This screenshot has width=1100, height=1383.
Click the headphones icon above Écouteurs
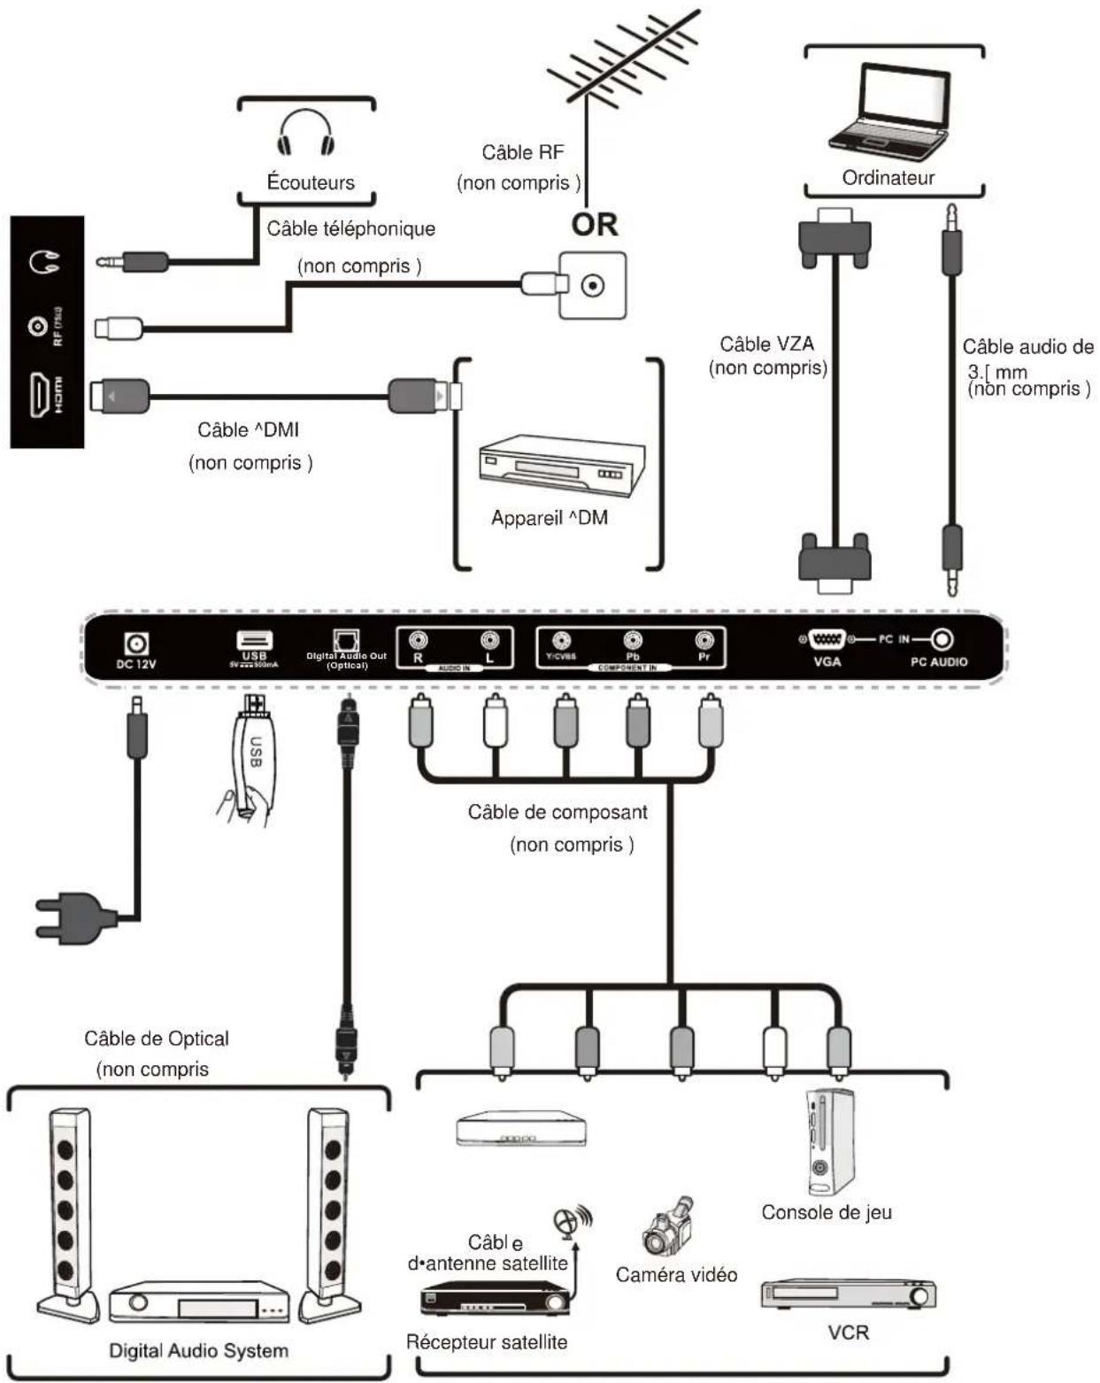(306, 133)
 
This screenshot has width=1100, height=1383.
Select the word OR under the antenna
(595, 225)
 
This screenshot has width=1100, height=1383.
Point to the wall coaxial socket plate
(592, 285)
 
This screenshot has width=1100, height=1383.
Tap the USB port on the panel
(255, 641)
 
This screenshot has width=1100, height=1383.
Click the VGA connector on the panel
(826, 639)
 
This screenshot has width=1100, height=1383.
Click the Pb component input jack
(633, 640)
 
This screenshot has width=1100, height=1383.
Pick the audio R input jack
(417, 639)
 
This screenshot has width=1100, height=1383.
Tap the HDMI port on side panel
(40, 395)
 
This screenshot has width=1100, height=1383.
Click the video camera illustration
(665, 1228)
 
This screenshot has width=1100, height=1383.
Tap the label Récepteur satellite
(487, 1342)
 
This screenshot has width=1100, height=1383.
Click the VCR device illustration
(848, 1294)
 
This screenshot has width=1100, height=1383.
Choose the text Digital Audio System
(198, 1351)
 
